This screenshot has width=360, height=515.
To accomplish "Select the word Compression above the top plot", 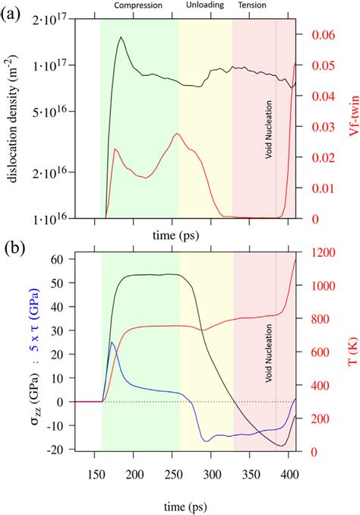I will click(x=139, y=5).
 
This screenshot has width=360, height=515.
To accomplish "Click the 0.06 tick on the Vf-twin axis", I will click(x=324, y=36).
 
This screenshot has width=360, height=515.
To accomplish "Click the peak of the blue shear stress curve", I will click(x=112, y=342).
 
